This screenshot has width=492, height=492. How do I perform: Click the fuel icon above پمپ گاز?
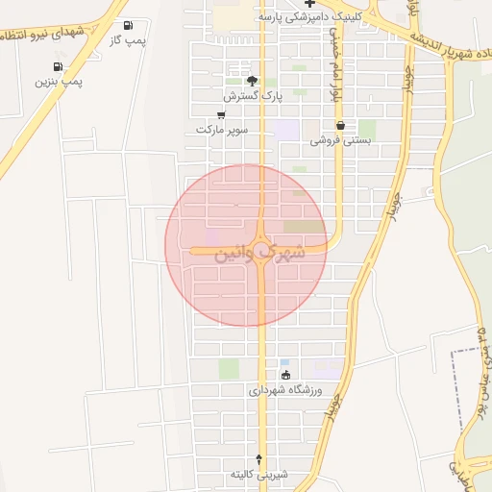click(129, 26)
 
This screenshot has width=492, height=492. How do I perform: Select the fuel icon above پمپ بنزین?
click(59, 66)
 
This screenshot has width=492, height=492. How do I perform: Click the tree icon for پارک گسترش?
click(252, 81)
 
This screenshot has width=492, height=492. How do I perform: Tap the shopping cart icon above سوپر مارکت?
click(222, 114)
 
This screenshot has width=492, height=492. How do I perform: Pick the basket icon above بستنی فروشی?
click(340, 125)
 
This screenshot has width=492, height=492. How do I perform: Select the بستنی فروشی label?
click(340, 140)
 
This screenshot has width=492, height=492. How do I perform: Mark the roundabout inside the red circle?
click(262, 245)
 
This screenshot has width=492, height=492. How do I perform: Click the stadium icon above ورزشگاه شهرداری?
click(284, 375)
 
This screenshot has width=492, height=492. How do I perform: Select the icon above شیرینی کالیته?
click(258, 459)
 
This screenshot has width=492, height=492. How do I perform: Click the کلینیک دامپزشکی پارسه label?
click(307, 17)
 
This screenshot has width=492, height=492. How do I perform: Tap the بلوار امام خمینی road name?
click(335, 62)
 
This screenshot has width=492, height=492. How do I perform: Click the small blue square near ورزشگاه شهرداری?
click(283, 361)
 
